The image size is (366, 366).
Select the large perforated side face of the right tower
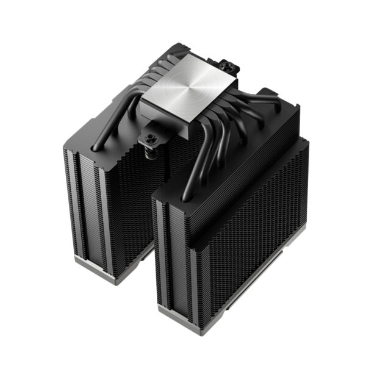[x=256, y=238]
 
